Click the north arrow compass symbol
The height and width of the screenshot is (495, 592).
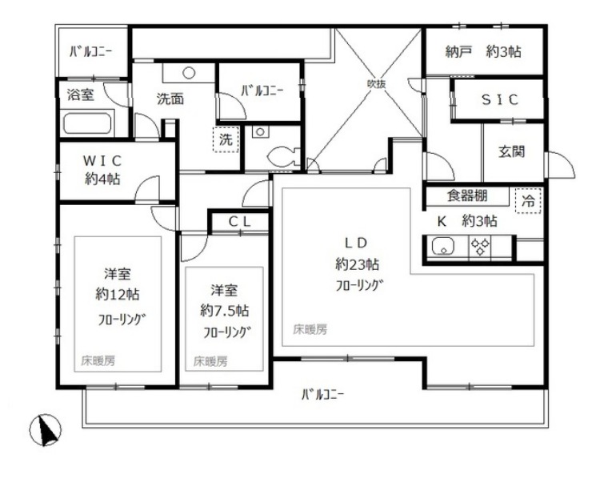(46, 430)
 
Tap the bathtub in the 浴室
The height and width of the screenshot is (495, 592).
(87, 123)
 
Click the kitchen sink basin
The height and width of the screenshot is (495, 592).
(444, 247)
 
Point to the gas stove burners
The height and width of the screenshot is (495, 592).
(480, 246)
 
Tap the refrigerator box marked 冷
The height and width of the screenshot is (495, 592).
(528, 200)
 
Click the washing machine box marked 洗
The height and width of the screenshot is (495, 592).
(226, 139)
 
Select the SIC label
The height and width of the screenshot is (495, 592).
(499, 99)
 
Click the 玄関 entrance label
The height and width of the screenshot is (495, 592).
(511, 151)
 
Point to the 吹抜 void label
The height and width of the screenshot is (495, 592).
(377, 83)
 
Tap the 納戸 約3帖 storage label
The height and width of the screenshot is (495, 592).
(483, 51)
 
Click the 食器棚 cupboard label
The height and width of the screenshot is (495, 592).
(467, 195)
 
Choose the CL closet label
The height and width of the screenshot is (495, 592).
(240, 222)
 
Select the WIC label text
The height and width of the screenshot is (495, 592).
(102, 161)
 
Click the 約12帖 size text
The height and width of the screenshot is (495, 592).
(117, 294)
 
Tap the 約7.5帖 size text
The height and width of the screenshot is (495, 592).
(224, 311)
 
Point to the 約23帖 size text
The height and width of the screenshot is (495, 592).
(357, 264)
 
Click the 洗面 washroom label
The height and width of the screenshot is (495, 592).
(170, 99)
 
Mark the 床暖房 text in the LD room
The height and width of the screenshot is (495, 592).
(310, 330)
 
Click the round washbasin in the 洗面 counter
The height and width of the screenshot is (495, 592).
(189, 73)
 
